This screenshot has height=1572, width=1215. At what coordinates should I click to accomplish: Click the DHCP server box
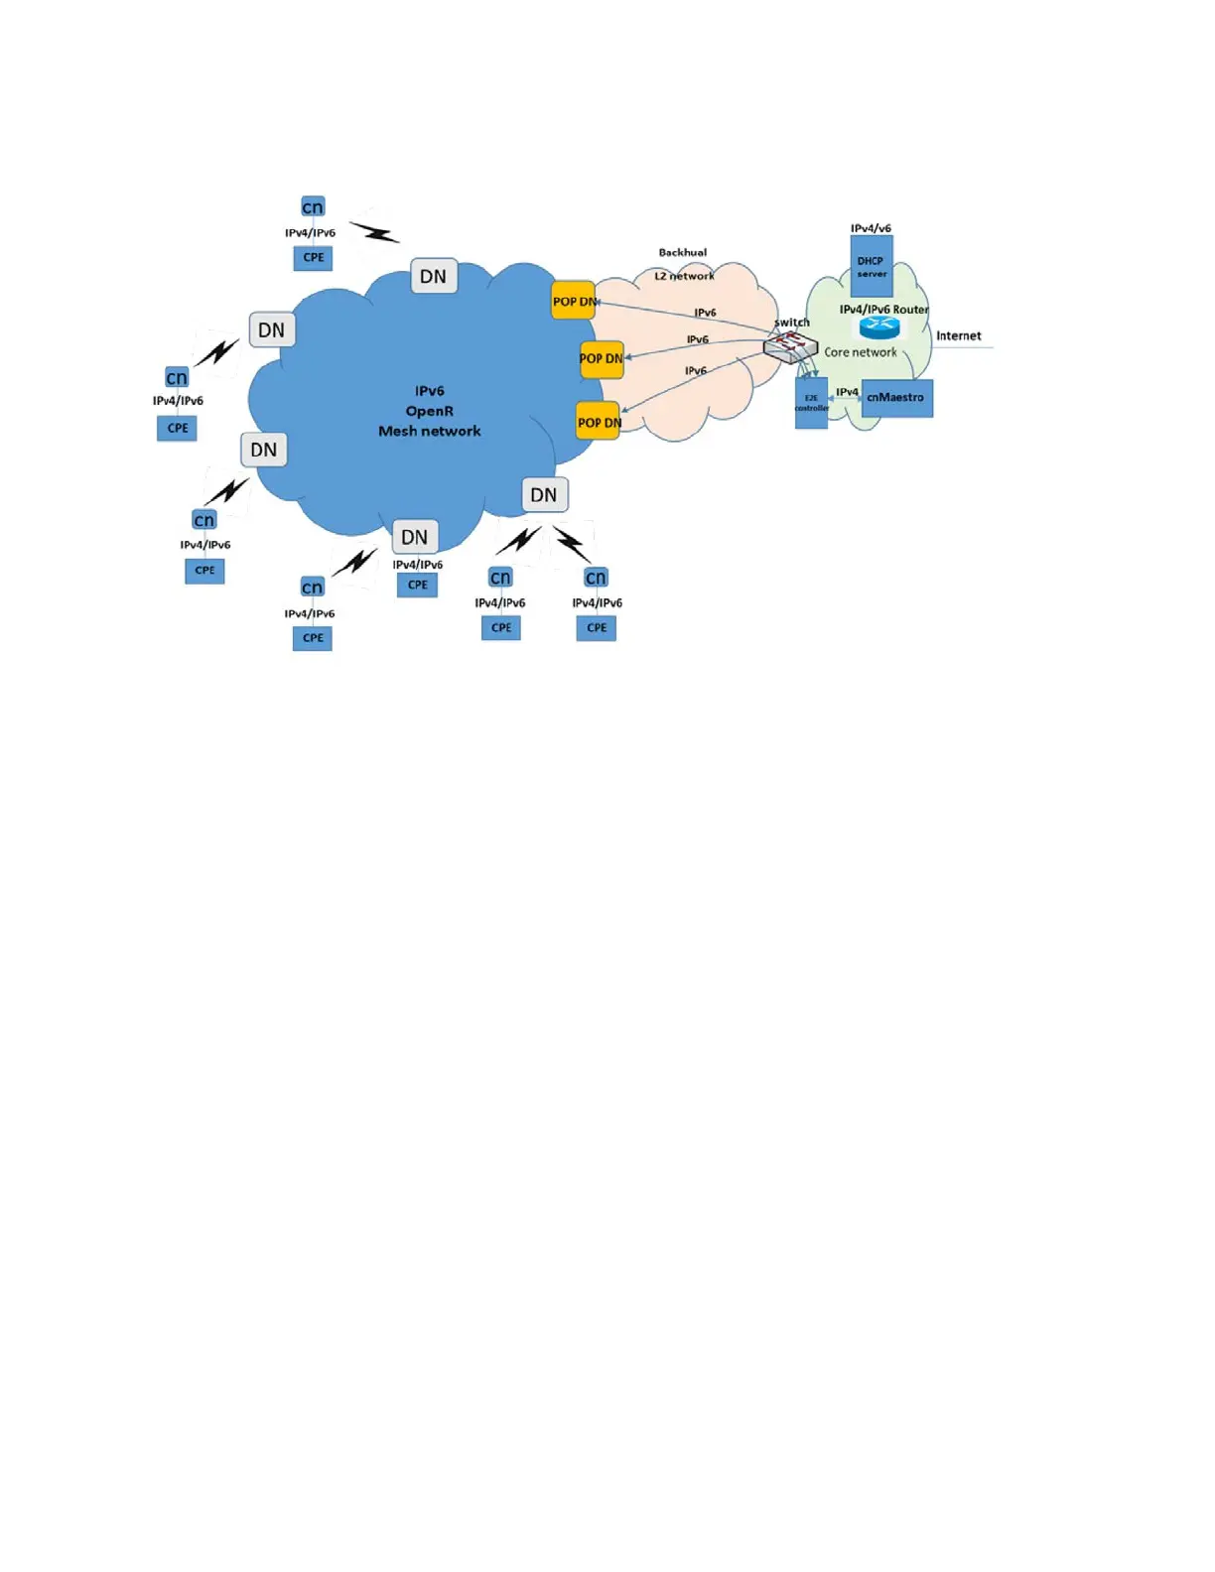(x=872, y=266)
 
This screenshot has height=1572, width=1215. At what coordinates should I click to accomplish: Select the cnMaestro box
(x=896, y=398)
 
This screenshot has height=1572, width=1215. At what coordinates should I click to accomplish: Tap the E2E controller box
(x=811, y=403)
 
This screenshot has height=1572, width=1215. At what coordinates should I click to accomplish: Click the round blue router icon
(x=879, y=327)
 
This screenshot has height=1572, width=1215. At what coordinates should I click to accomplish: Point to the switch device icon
(x=790, y=346)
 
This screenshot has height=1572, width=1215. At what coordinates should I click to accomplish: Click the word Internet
(x=958, y=335)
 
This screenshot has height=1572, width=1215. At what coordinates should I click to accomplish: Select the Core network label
(x=861, y=352)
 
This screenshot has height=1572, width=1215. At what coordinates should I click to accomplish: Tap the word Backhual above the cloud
(x=683, y=252)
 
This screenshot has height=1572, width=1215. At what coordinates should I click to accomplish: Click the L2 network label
(x=684, y=276)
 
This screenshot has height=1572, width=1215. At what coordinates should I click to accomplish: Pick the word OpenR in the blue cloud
(x=430, y=411)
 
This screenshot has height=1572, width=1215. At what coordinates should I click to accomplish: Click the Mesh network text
(x=430, y=431)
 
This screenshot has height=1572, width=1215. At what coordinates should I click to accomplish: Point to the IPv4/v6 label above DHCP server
(x=871, y=228)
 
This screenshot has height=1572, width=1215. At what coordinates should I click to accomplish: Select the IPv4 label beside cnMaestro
(x=847, y=392)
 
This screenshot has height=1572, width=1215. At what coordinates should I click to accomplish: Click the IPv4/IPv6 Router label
(x=883, y=310)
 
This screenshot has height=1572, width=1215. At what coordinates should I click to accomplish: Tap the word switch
(x=792, y=323)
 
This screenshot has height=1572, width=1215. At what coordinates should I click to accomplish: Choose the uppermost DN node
(x=434, y=276)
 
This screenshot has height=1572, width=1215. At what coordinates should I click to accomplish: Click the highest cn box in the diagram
(x=313, y=206)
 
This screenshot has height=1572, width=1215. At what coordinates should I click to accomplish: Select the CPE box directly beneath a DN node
(x=418, y=585)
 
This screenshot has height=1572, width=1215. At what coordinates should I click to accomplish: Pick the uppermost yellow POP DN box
(x=574, y=301)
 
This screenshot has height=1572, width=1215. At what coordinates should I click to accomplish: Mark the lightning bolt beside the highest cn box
(x=374, y=232)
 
